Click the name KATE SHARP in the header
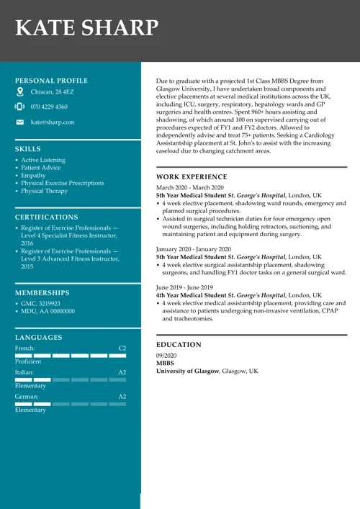[x=86, y=27]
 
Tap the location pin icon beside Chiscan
[x=20, y=92]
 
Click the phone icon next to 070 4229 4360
[x=20, y=107]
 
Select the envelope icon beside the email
[x=20, y=122]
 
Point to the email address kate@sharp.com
[x=53, y=122]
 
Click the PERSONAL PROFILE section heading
[x=51, y=81]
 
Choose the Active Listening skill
[x=43, y=160]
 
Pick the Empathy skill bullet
[x=33, y=176]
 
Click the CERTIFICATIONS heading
[x=46, y=217]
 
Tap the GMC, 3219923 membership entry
[x=41, y=304]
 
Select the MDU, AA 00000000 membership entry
[x=48, y=312]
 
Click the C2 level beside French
[x=122, y=348]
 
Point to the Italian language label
[x=24, y=372]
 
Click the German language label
[x=26, y=397]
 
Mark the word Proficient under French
[x=28, y=361]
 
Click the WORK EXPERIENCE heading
[x=192, y=177]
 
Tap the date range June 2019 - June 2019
[x=184, y=287]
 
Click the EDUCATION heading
[x=179, y=345]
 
